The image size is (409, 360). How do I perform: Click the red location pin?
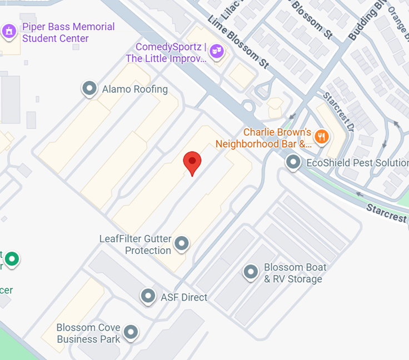pyautogui.click(x=192, y=162)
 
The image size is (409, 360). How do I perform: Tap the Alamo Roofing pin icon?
pyautogui.click(x=89, y=89)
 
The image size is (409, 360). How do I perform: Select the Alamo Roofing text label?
pyautogui.click(x=134, y=89)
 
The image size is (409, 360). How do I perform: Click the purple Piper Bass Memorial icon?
pyautogui.click(x=9, y=32)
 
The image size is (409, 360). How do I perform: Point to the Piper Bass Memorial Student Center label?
pyautogui.click(x=68, y=32)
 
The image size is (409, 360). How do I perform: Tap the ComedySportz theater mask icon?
pyautogui.click(x=216, y=52)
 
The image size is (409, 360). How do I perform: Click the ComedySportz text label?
pyautogui.click(x=167, y=52)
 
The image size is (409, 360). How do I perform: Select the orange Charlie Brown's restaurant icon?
pyautogui.click(x=321, y=136)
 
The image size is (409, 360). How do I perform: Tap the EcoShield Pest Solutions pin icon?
pyautogui.click(x=293, y=162)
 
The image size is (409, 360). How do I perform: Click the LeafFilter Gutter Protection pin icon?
pyautogui.click(x=181, y=243)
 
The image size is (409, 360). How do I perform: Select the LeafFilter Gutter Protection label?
pyautogui.click(x=135, y=244)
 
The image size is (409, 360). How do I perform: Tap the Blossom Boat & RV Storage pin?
pyautogui.click(x=251, y=272)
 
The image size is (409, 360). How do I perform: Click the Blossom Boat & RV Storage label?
pyautogui.click(x=295, y=273)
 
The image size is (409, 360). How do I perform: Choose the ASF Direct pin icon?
pyautogui.click(x=148, y=296)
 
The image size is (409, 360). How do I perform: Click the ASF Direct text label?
pyautogui.click(x=183, y=297)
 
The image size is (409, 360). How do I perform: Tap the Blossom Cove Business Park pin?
pyautogui.click(x=131, y=332)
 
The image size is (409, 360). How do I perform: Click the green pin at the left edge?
pyautogui.click(x=12, y=258)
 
